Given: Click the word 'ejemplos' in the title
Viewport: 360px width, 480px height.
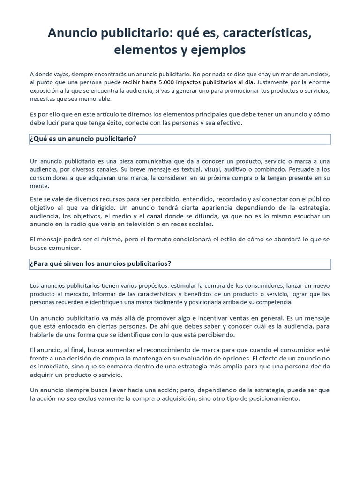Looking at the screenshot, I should coord(219,50).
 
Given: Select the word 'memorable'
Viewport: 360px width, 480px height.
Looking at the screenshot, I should coord(97,99).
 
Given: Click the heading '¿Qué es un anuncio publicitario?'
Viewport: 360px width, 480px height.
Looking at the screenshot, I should coord(83,139).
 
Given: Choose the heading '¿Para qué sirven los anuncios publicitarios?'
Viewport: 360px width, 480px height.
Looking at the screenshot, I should coord(100,263).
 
